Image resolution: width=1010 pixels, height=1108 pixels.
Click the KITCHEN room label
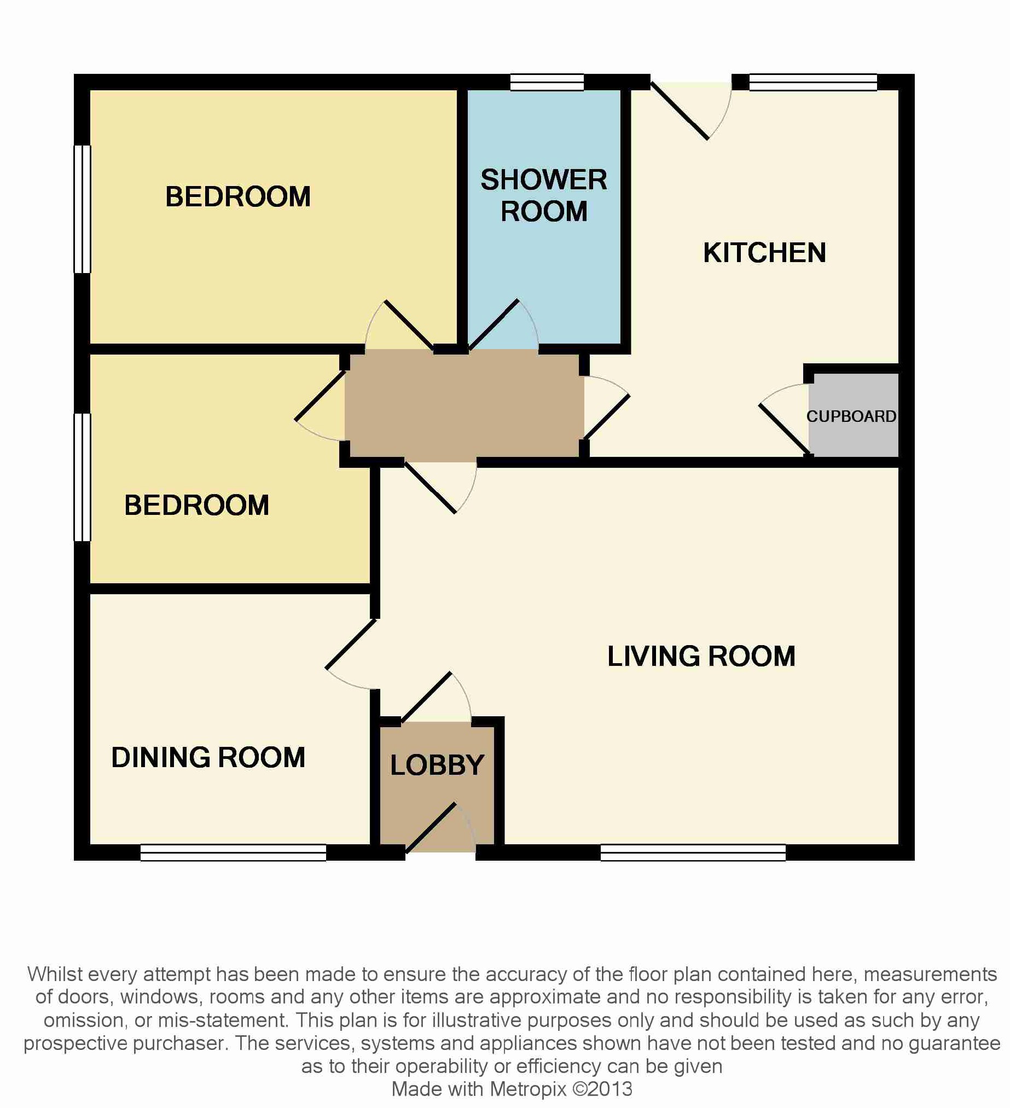[764, 253]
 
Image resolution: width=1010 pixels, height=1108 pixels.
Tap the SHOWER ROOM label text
[544, 195]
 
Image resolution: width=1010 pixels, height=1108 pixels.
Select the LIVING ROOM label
[701, 655]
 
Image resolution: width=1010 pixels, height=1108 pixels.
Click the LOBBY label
[437, 764]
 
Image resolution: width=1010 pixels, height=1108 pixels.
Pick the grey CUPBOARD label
[851, 416]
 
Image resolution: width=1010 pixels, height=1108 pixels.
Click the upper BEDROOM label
[238, 197]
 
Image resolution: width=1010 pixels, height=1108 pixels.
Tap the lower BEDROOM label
[197, 505]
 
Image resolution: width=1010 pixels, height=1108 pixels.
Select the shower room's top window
[547, 83]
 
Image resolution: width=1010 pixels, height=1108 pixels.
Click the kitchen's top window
[813, 83]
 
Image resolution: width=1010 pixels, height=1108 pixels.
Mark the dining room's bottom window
[234, 852]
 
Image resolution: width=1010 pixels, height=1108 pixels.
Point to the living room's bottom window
[693, 852]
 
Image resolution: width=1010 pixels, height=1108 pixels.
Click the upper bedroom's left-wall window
[83, 209]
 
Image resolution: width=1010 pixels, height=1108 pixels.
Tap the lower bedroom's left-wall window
[83, 477]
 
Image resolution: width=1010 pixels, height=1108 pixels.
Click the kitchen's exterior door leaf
[679, 111]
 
